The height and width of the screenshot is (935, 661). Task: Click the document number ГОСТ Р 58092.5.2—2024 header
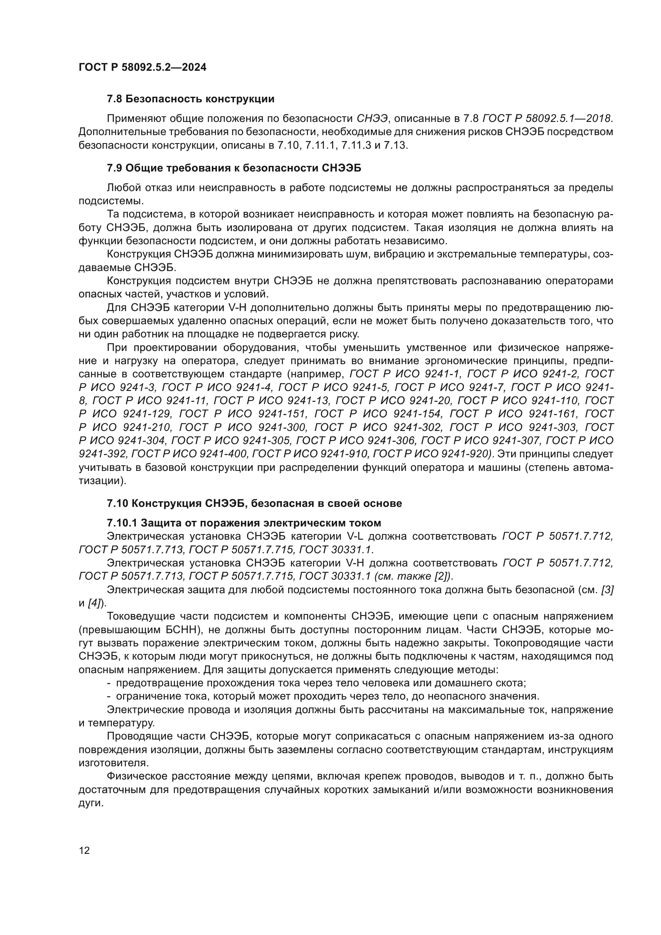(x=142, y=67)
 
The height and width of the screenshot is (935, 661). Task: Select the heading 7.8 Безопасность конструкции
(x=191, y=99)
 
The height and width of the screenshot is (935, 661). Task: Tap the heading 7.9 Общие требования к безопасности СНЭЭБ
(x=234, y=168)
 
